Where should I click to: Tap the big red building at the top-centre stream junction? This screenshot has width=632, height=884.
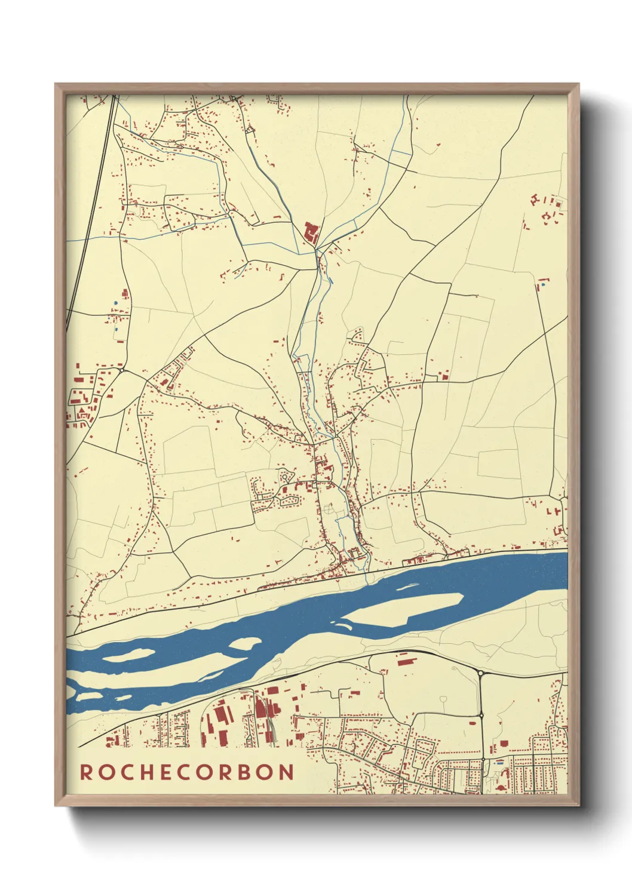(x=310, y=232)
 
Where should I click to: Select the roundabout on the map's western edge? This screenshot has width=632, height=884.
(x=121, y=371)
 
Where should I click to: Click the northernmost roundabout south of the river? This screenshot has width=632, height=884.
(x=480, y=674)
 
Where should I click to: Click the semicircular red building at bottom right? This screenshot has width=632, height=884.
(x=499, y=788)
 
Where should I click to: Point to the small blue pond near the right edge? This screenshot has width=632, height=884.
(x=544, y=285)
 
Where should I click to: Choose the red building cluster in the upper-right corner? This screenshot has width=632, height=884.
(x=548, y=209)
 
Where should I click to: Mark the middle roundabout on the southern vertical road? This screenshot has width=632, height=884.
(x=481, y=715)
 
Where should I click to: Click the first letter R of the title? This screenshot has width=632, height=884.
(x=86, y=772)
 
